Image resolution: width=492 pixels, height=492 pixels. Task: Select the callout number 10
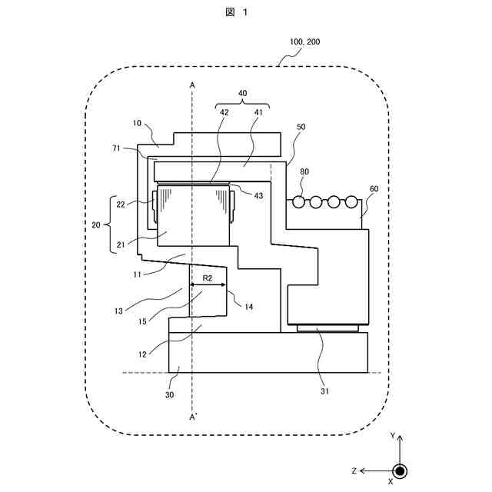(x=137, y=122)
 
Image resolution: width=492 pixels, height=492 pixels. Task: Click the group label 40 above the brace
(x=242, y=94)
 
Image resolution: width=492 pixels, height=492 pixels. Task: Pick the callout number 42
(x=224, y=112)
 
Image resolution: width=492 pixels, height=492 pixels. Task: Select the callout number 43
(x=258, y=196)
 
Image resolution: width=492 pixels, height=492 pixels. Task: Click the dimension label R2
(x=208, y=277)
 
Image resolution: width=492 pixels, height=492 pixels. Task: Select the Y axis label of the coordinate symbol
(x=393, y=435)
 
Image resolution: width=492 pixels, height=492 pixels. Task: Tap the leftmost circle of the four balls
(x=298, y=202)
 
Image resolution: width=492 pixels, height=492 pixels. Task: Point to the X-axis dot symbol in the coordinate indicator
(x=399, y=470)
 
